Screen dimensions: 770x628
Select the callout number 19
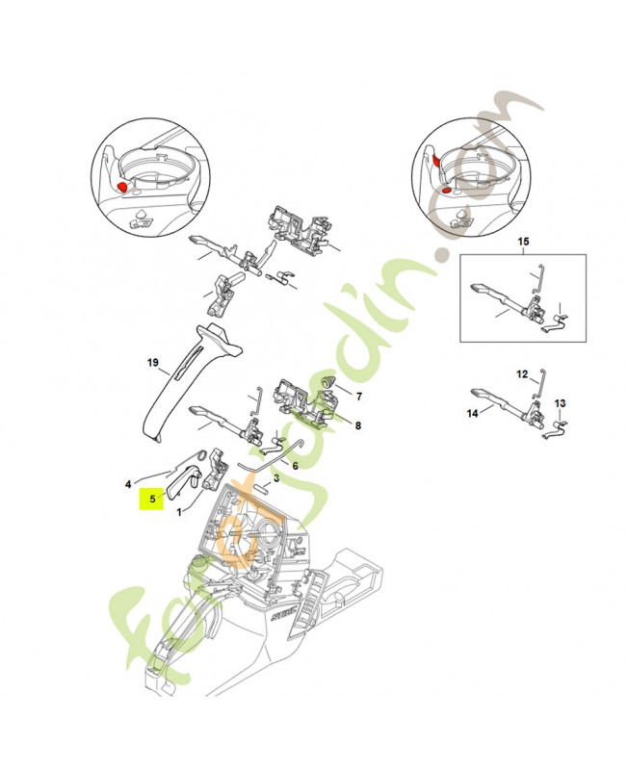pos(152,363)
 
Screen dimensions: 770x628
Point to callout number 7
pos(359,396)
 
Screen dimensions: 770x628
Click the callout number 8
pos(358,424)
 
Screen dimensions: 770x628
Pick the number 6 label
pos(295,466)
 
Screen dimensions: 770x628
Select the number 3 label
pos(275,477)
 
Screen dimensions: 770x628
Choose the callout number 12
pos(522,373)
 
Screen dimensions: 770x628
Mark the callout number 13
pos(561,403)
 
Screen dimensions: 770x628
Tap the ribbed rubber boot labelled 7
pos(327,385)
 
